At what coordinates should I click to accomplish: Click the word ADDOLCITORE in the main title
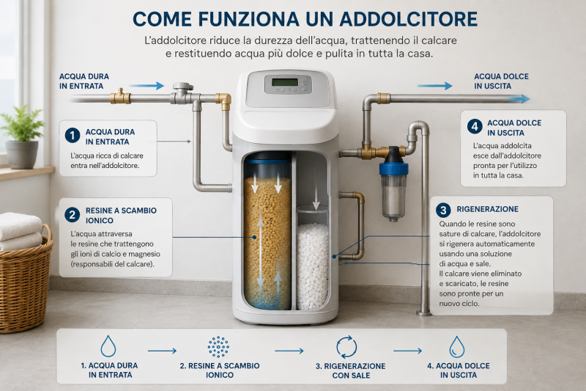(409, 19)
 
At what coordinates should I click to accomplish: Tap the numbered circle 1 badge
(73, 136)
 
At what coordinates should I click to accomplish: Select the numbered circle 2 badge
(72, 215)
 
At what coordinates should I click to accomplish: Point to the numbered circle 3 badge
(443, 210)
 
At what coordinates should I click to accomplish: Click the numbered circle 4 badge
(475, 126)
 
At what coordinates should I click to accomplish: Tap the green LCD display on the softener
(285, 82)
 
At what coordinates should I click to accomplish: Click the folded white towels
(21, 232)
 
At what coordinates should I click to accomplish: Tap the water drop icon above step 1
(108, 346)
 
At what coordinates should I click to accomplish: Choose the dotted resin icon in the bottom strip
(218, 347)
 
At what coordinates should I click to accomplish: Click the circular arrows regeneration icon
(346, 347)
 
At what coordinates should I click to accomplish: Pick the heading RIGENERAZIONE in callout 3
(487, 209)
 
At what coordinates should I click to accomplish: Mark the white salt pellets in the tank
(313, 266)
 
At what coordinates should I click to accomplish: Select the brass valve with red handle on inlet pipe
(120, 97)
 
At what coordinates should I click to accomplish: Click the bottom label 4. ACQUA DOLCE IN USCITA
(459, 370)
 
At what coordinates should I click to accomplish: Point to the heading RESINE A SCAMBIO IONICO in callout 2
(121, 215)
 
